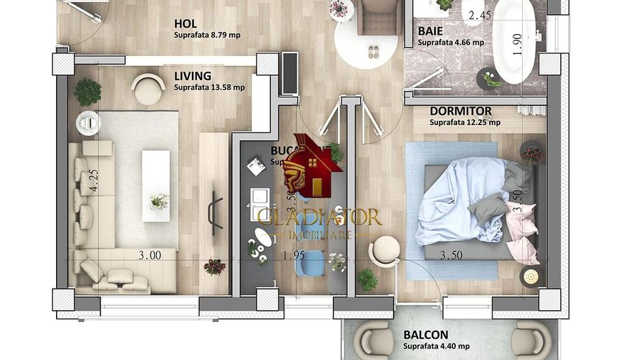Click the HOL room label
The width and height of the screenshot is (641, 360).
(185, 23)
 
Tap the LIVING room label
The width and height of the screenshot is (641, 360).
(192, 76)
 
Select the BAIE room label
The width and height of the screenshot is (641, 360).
(430, 31)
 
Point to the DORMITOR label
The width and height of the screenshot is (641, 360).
(461, 111)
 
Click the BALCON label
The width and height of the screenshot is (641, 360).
(425, 335)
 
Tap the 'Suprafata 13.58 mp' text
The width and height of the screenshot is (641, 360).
(209, 87)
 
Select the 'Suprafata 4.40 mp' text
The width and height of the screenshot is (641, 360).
(437, 346)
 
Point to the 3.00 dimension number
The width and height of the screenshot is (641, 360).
(150, 255)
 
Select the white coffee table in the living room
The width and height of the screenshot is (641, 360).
(156, 185)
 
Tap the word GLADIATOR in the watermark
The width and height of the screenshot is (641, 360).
(319, 217)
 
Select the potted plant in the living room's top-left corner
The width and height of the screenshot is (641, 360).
(87, 92)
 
